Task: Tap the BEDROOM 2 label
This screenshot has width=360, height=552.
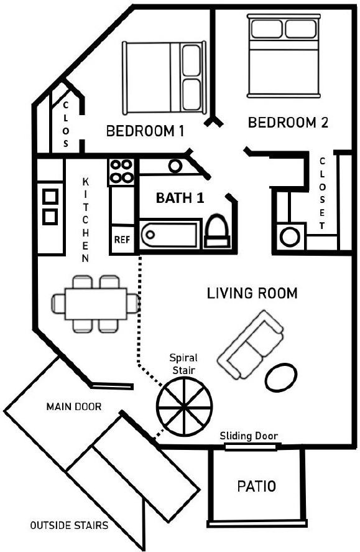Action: (288, 123)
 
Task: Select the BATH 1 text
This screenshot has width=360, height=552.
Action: (180, 198)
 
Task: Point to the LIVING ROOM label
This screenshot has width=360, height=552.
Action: (252, 293)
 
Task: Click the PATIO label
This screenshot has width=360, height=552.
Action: (256, 486)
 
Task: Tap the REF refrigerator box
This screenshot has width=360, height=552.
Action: (122, 240)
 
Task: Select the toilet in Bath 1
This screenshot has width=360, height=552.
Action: (216, 232)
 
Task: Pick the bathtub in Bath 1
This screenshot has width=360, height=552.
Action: (170, 234)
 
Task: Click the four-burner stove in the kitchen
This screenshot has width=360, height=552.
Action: (121, 172)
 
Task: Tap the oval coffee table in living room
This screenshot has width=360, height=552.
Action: (281, 377)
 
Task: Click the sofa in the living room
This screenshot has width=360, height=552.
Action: (251, 344)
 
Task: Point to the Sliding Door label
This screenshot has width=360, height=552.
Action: (249, 436)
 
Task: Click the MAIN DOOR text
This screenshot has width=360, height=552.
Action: (74, 407)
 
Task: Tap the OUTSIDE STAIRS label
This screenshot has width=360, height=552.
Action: (69, 526)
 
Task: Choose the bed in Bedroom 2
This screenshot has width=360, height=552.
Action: (284, 55)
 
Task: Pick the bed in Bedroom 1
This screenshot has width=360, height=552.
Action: (164, 78)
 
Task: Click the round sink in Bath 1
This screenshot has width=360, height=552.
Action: (175, 166)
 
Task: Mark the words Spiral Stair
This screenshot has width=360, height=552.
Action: (183, 364)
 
